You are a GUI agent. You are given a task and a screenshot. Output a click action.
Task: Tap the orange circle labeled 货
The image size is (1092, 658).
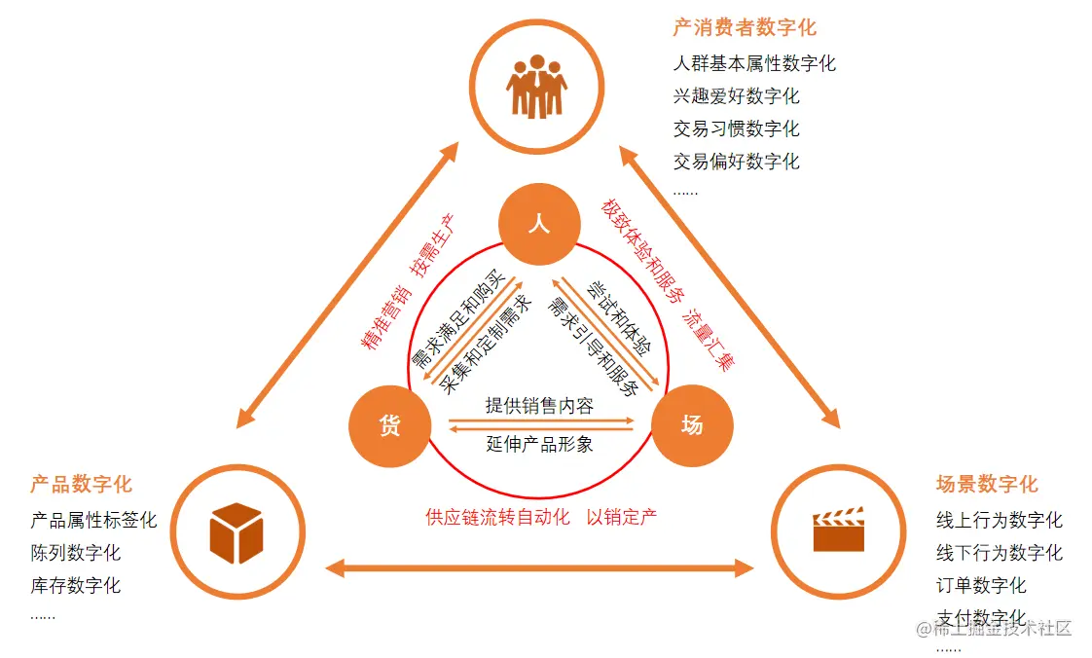click(x=389, y=425)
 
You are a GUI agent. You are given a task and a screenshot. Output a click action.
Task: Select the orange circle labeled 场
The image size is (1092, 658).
click(x=691, y=425)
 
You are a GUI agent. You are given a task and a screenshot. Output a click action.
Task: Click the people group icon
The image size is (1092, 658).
click(x=536, y=86)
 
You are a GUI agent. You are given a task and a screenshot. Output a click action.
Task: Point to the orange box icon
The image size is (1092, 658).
click(x=237, y=532)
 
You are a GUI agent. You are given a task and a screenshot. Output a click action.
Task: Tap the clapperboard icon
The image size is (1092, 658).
click(x=838, y=530)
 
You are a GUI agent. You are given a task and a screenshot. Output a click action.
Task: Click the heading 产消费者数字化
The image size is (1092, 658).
click(x=745, y=27)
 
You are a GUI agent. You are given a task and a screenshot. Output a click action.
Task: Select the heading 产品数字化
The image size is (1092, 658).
click(x=81, y=484)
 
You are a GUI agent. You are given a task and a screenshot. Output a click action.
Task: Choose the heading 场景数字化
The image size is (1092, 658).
click(x=987, y=484)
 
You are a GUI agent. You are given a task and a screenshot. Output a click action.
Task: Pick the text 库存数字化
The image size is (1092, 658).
click(x=76, y=585)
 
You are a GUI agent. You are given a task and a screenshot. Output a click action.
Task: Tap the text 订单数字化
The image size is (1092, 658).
click(x=981, y=585)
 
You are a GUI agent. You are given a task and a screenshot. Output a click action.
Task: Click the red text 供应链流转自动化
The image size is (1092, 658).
click(x=497, y=517)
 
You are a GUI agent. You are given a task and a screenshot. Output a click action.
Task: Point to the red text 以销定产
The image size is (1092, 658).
click(x=621, y=517)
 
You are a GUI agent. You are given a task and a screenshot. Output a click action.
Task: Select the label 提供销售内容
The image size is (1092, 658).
click(x=539, y=407)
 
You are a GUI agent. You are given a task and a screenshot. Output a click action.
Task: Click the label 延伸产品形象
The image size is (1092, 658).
click(x=539, y=444)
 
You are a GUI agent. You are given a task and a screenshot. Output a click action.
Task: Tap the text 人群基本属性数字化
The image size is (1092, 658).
click(x=754, y=64)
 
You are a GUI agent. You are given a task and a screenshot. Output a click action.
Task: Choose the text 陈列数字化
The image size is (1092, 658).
click(x=76, y=553)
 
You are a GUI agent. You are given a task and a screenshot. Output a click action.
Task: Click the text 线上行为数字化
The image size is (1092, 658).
click(x=999, y=521)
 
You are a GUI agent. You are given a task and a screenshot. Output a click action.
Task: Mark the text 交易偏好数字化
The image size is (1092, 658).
click(x=736, y=161)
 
